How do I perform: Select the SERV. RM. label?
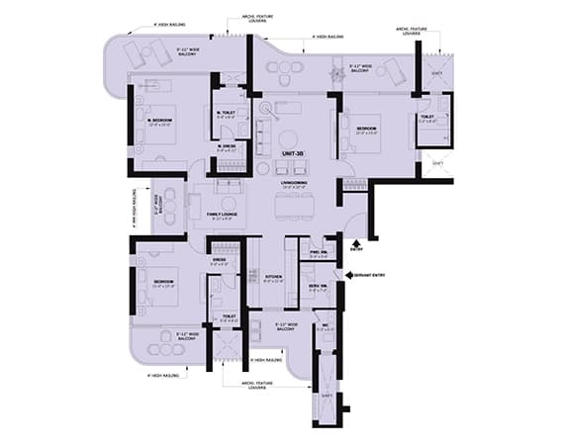318,285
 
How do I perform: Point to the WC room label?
325,326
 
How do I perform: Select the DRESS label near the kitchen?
219,262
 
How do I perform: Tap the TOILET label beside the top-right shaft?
426,117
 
